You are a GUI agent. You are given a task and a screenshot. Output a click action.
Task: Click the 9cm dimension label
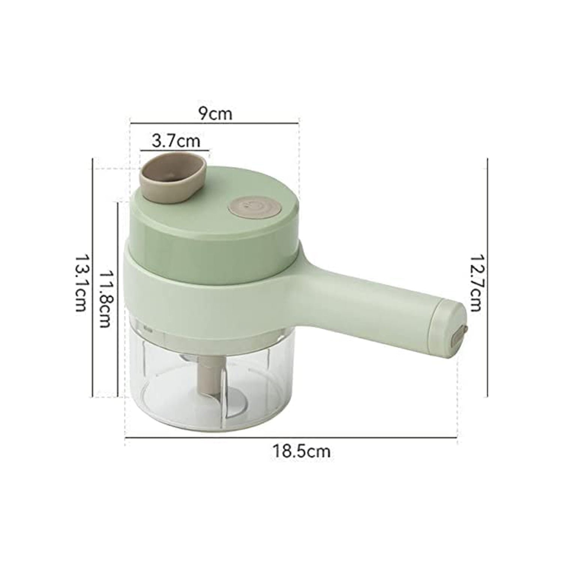(215, 113)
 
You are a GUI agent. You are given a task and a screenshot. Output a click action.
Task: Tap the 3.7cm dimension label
(176, 141)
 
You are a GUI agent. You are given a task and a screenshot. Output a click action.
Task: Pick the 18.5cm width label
(301, 451)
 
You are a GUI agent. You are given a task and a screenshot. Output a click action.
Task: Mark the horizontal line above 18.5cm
(290, 437)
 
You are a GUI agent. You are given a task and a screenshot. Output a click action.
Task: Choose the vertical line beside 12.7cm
(487, 277)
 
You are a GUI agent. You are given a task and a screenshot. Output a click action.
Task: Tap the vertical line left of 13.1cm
(92, 277)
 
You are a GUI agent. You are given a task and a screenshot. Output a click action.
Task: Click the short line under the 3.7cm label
(175, 151)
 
